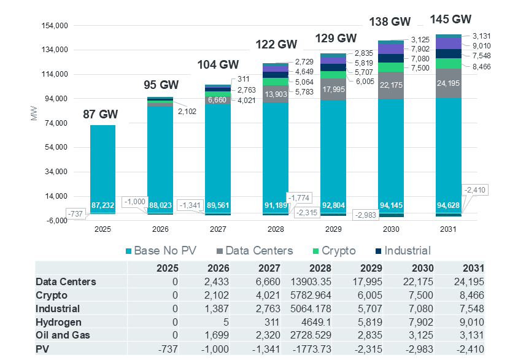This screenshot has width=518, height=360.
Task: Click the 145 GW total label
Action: click(450, 19)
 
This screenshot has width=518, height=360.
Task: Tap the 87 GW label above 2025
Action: click(101, 114)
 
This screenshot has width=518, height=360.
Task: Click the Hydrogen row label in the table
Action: click(58, 322)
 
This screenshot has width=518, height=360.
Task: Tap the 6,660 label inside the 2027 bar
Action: click(218, 99)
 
